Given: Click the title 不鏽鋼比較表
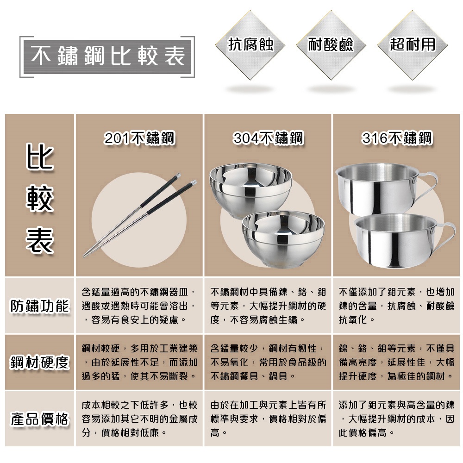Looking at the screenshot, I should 107,56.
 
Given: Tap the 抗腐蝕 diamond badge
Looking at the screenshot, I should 251,45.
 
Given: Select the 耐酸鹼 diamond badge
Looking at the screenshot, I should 331,45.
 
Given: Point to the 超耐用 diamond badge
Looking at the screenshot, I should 413,45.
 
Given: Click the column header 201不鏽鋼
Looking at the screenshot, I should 139,138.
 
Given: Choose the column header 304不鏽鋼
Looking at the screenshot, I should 268,138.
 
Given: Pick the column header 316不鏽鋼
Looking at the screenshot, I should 397,138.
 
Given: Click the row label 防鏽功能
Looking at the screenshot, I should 40,306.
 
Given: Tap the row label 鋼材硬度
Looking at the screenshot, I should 40,363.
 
